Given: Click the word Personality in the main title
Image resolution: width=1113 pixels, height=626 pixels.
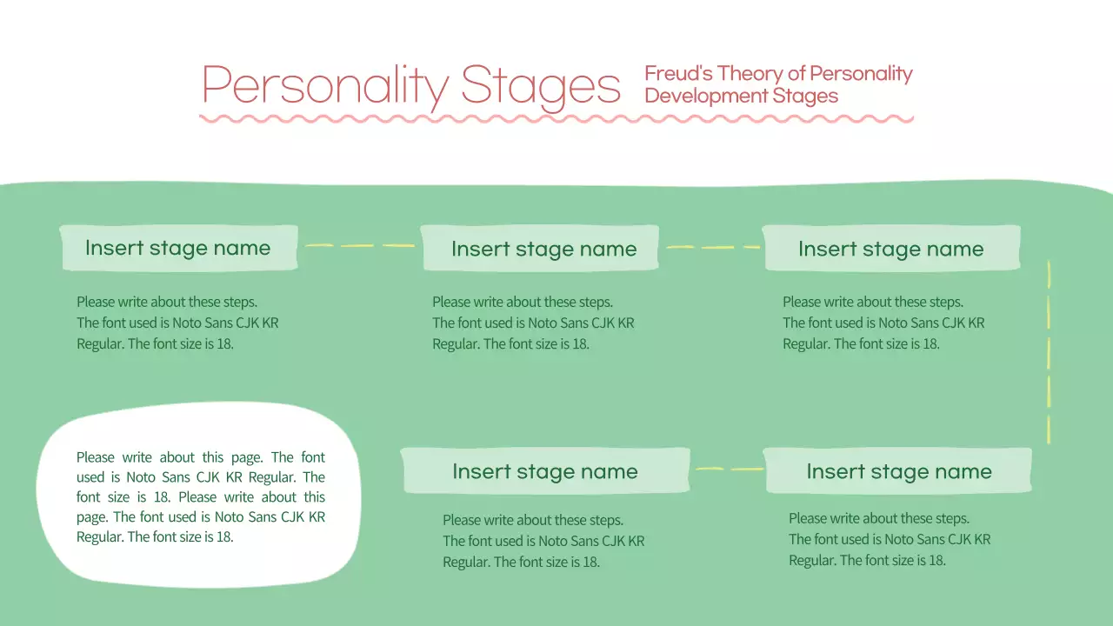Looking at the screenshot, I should click(324, 85).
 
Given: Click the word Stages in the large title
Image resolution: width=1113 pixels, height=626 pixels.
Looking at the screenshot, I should click(540, 87).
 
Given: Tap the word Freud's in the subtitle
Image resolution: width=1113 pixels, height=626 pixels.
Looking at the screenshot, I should click(678, 74).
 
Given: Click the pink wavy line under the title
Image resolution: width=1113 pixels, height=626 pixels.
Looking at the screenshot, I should click(556, 118).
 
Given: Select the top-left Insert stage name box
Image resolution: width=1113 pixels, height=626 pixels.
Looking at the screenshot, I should click(178, 248).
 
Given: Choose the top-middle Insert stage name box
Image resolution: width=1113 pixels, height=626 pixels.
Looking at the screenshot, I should click(540, 249).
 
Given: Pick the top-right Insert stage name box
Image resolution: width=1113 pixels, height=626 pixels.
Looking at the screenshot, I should click(890, 249).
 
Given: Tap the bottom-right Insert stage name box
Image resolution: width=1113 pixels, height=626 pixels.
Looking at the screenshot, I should click(897, 471).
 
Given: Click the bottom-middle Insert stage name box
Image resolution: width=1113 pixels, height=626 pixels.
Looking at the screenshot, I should click(544, 471).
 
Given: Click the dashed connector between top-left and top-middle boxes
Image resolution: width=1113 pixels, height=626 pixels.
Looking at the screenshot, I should click(359, 245).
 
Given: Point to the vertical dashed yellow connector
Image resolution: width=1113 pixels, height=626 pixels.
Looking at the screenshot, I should click(1049, 352).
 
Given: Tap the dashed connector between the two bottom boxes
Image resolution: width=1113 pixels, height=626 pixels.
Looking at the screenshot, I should click(729, 469).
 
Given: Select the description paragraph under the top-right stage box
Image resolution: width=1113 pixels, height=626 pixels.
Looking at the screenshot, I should click(883, 323).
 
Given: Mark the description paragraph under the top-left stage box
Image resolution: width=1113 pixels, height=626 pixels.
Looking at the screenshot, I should click(177, 323).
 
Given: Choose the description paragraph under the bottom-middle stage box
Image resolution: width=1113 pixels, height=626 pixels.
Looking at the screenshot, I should click(543, 541).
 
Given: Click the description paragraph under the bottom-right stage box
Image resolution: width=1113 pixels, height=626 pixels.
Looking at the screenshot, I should click(889, 539).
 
